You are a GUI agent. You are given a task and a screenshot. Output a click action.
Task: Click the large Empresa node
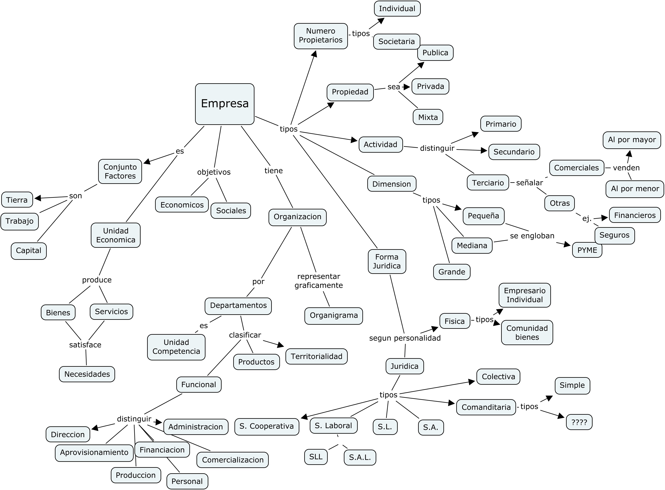tap(224, 104)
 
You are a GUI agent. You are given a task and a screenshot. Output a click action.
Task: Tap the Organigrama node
tap(334, 316)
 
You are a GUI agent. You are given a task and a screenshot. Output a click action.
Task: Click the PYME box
tap(587, 250)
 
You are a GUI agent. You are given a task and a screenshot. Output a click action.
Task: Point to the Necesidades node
tap(87, 374)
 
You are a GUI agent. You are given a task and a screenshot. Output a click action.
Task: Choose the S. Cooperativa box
tap(266, 427)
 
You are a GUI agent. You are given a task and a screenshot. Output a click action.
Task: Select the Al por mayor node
tap(632, 140)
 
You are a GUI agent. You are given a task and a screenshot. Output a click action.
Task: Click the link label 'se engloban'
tap(532, 236)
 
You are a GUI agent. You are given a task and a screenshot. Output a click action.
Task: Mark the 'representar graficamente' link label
tap(319, 281)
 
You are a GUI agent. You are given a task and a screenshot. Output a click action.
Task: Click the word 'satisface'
tap(85, 345)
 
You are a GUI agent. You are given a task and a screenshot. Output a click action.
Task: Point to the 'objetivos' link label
tap(214, 172)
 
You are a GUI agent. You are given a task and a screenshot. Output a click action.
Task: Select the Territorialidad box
tap(316, 357)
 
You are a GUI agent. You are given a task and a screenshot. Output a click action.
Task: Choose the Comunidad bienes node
tap(527, 332)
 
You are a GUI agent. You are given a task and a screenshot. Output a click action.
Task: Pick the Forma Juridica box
tap(387, 261)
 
